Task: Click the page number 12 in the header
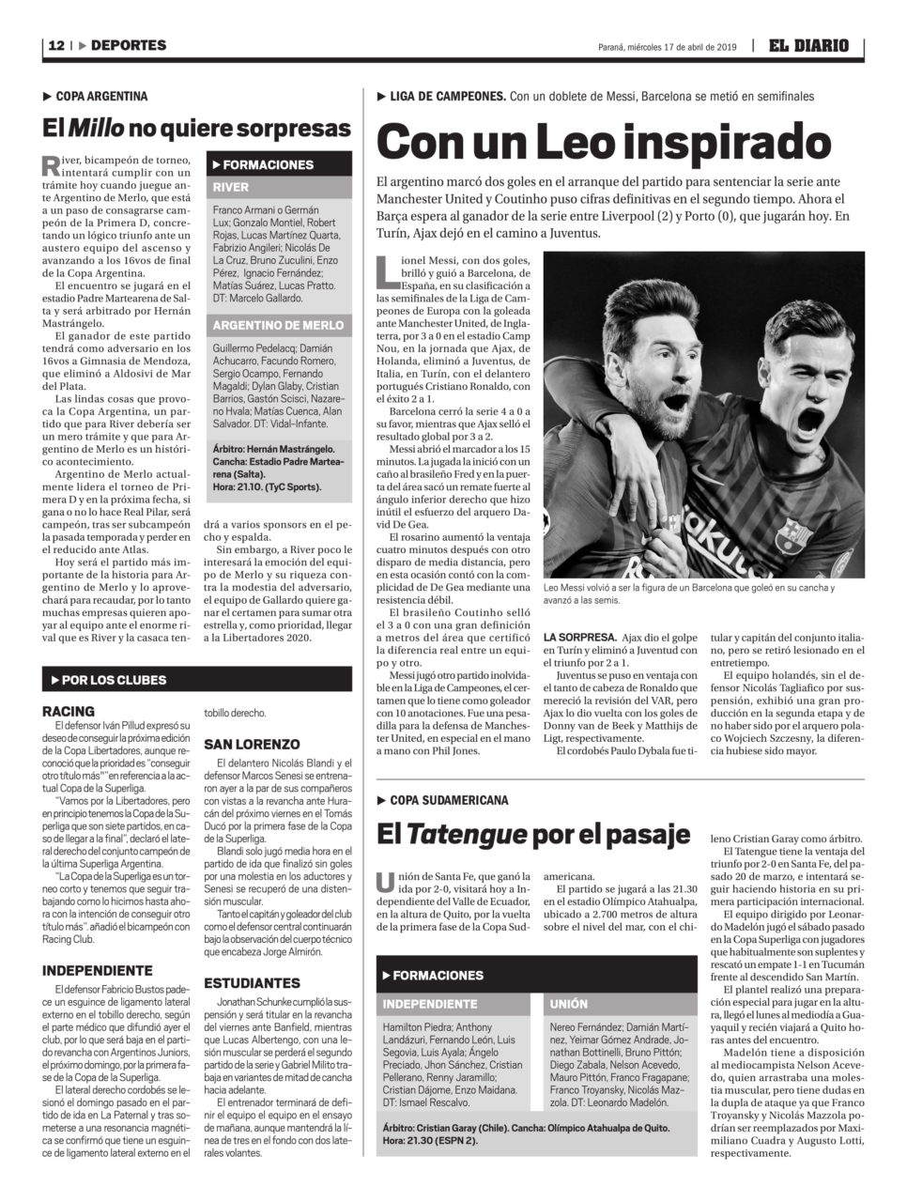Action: tap(55, 45)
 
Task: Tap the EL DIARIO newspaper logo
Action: tap(808, 45)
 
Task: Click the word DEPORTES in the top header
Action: tap(129, 45)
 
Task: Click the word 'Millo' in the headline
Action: tap(97, 128)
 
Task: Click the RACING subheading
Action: tap(69, 711)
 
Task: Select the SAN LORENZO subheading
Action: tap(252, 744)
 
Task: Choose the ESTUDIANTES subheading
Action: tap(252, 983)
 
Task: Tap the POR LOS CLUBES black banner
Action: tap(197, 679)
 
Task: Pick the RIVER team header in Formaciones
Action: tap(231, 187)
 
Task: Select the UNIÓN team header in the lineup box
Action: tap(569, 1004)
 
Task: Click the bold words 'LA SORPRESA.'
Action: tap(579, 636)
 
